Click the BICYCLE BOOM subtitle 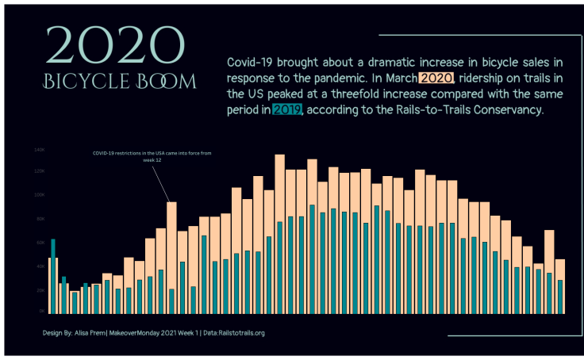click(x=119, y=82)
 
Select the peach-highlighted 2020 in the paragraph click(x=436, y=79)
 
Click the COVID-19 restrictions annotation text click(x=152, y=152)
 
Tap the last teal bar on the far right click(x=559, y=297)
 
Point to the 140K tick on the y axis click(x=39, y=149)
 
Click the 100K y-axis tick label click(x=39, y=195)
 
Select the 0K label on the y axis click(x=40, y=312)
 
